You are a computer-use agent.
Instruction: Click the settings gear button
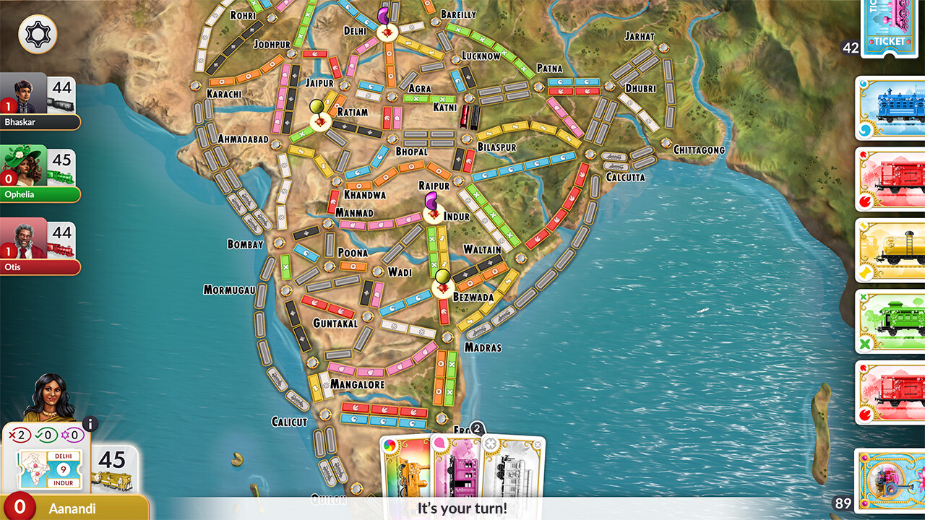point(38,35)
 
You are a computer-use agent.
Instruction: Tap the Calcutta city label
point(625,177)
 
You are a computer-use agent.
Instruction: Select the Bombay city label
point(245,245)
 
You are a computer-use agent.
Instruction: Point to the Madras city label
point(483,347)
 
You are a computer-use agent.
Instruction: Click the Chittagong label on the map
point(699,149)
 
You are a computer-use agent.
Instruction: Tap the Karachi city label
point(223,94)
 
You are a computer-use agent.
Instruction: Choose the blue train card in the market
point(890,108)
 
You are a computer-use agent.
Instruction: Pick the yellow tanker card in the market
point(890,250)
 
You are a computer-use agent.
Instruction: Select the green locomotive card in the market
point(890,321)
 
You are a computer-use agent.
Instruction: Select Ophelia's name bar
point(40,194)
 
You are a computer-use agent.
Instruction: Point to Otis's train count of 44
point(61,233)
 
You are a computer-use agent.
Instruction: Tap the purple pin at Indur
point(431,199)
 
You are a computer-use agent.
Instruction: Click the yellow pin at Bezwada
point(442,277)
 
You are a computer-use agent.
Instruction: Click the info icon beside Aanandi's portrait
point(90,425)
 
